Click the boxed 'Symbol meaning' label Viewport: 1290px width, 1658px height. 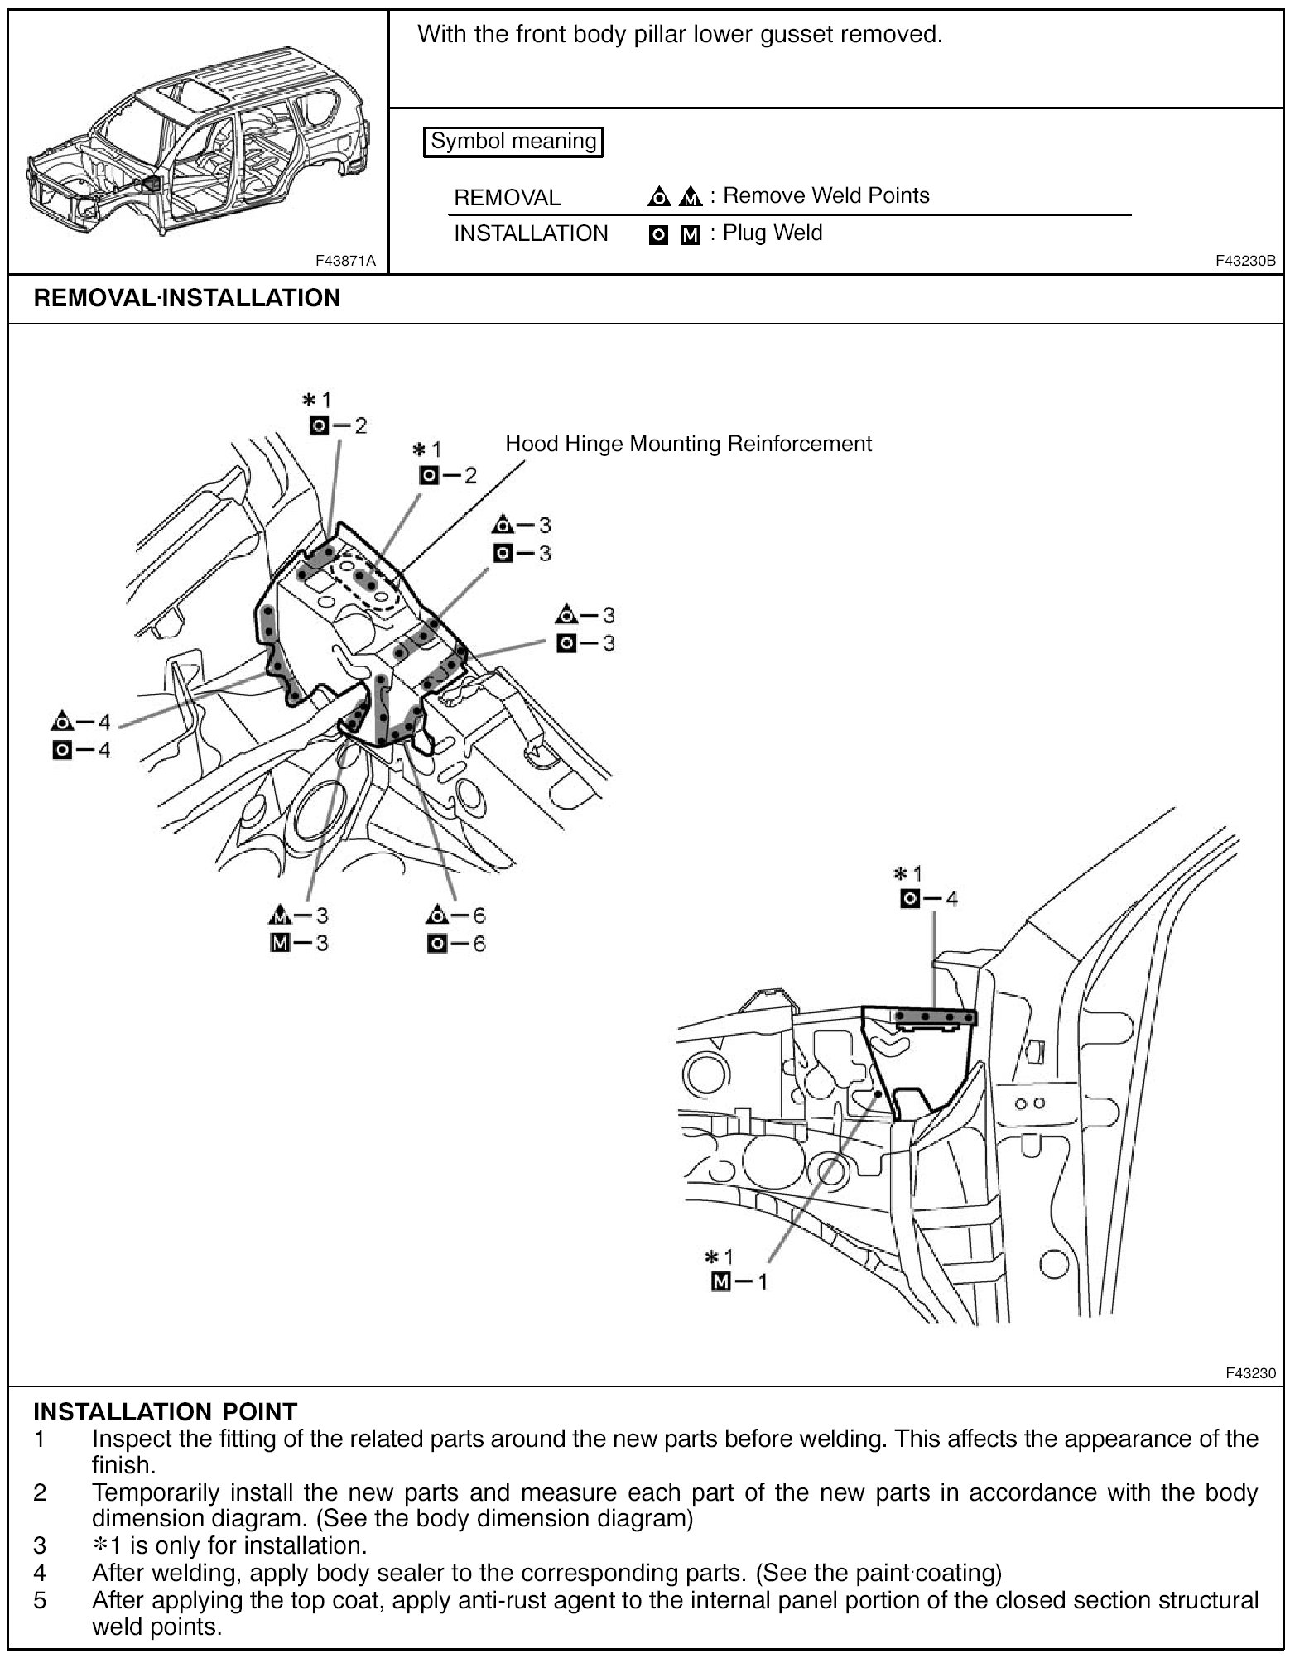[x=513, y=142]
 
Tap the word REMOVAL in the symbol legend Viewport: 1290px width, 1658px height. [x=507, y=198]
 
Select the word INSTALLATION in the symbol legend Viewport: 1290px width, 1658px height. [x=531, y=233]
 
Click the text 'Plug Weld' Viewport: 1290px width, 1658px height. [x=773, y=233]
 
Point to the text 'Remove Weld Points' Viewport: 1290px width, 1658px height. [x=826, y=196]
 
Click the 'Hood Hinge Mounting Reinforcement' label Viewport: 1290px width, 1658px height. [x=688, y=445]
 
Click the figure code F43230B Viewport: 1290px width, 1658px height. [x=1245, y=261]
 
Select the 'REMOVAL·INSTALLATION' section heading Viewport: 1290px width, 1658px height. [x=187, y=298]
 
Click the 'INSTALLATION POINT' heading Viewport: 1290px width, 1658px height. [x=165, y=1411]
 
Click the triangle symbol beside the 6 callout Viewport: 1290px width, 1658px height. [x=436, y=916]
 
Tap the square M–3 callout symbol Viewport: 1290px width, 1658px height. [x=280, y=943]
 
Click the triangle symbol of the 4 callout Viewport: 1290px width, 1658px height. [x=61, y=722]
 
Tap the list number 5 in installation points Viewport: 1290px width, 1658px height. [x=39, y=1600]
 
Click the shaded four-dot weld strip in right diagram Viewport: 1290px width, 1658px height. [x=936, y=1016]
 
